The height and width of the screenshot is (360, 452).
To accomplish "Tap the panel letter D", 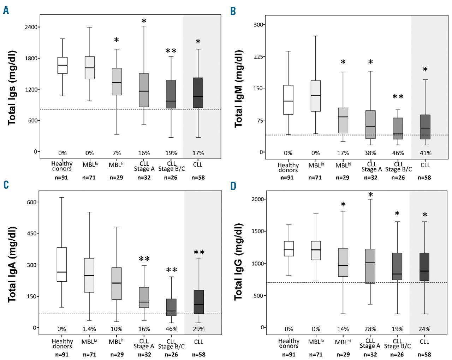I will [x=233, y=186].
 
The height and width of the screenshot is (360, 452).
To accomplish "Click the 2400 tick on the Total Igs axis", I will [x=31, y=27].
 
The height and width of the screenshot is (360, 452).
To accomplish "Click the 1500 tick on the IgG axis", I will [x=258, y=231].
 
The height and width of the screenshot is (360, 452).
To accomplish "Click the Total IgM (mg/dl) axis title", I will [x=239, y=89].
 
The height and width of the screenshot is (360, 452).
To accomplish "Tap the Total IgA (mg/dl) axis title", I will [x=12, y=264].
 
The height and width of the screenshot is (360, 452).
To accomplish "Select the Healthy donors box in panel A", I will [x=63, y=65].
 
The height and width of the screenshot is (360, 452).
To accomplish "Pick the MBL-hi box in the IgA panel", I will [x=117, y=283].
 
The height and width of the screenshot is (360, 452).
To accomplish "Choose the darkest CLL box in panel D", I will [x=424, y=267].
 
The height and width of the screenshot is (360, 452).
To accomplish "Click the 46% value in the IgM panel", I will [x=398, y=153].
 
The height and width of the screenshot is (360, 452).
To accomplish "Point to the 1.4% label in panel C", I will [x=89, y=329].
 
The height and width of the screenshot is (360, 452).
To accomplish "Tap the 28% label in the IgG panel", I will [x=370, y=329].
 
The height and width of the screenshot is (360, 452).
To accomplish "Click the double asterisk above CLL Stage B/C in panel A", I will [x=171, y=51].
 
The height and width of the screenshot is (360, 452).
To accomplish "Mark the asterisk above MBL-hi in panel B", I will [x=343, y=62].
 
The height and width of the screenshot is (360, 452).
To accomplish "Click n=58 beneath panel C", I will [x=198, y=354].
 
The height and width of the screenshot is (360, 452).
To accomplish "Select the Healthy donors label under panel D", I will [x=289, y=343].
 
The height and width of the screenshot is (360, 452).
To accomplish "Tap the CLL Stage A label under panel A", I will [x=144, y=166].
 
